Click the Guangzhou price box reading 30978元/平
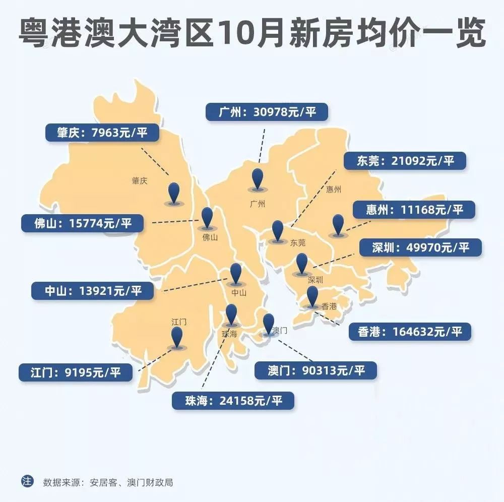(x=267, y=112)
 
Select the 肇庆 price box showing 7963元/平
(x=102, y=133)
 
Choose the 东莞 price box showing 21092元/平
(x=404, y=161)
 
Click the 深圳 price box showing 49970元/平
(x=420, y=247)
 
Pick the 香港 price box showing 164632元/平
(x=409, y=332)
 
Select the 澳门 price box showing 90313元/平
(x=316, y=371)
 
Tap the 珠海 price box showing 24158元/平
(x=233, y=401)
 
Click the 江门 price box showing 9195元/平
(x=76, y=372)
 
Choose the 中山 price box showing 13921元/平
(x=93, y=291)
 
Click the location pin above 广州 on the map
(x=258, y=179)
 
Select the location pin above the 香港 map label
(x=312, y=296)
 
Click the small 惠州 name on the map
(x=334, y=190)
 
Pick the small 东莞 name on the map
(x=298, y=242)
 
